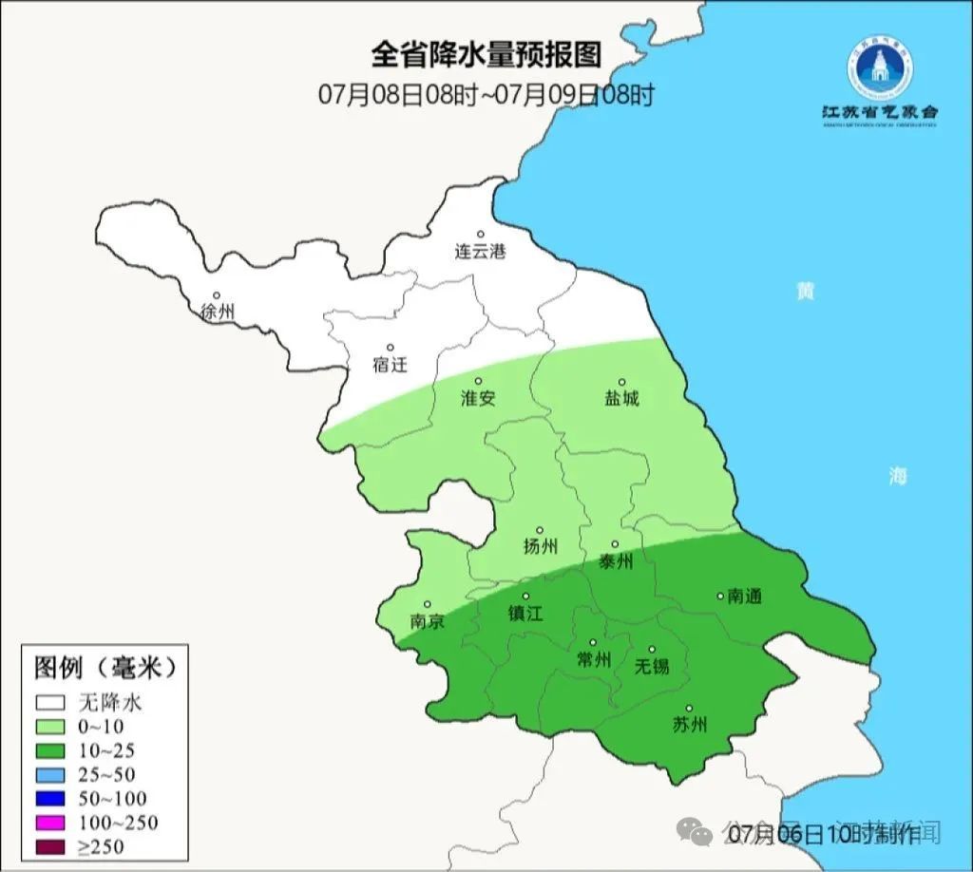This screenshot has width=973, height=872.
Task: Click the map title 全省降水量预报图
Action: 486,54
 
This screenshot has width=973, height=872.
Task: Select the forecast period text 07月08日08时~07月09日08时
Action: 486,94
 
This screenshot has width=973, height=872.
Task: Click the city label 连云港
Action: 480,253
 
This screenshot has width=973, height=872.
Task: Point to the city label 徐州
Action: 218,313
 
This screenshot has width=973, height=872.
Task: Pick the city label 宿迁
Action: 390,365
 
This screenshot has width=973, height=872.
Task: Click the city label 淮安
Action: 478,399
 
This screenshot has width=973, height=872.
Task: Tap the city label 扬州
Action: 541,547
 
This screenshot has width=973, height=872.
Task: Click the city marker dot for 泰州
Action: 615,544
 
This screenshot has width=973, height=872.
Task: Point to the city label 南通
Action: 744,597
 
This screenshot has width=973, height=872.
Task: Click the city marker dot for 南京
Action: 428,604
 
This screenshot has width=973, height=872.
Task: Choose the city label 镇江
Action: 525,615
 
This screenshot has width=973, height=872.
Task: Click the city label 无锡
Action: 652,666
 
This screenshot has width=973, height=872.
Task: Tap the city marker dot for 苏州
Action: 690,709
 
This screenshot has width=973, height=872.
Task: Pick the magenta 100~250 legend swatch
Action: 51,823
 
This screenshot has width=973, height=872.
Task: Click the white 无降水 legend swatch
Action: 51,704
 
